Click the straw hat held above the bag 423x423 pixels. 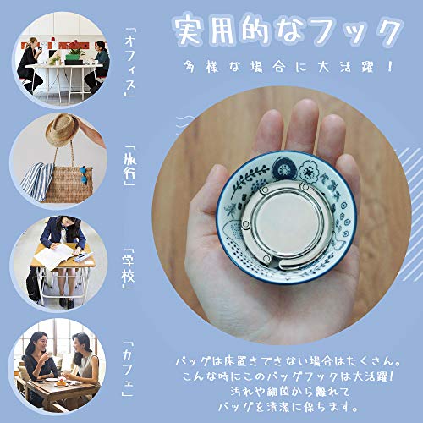click(x=62, y=129)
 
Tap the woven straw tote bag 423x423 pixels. click(x=69, y=184)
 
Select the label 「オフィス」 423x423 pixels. click(x=130, y=63)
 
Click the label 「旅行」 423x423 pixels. click(x=129, y=166)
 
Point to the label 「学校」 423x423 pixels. click(x=129, y=269)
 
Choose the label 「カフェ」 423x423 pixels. click(x=128, y=369)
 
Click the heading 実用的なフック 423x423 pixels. click(x=286, y=30)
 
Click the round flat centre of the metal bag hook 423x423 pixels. click(x=287, y=222)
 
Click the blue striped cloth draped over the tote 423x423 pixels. click(x=37, y=180)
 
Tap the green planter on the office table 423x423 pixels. click(x=74, y=58)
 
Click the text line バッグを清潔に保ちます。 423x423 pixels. click(x=288, y=406)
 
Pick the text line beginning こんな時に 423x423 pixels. click(x=288, y=376)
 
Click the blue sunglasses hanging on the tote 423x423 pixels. click(x=83, y=175)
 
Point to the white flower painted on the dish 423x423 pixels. click(x=310, y=171)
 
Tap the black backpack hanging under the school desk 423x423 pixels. click(x=33, y=283)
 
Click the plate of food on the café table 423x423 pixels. click(x=62, y=383)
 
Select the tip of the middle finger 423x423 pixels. click(x=304, y=104)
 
